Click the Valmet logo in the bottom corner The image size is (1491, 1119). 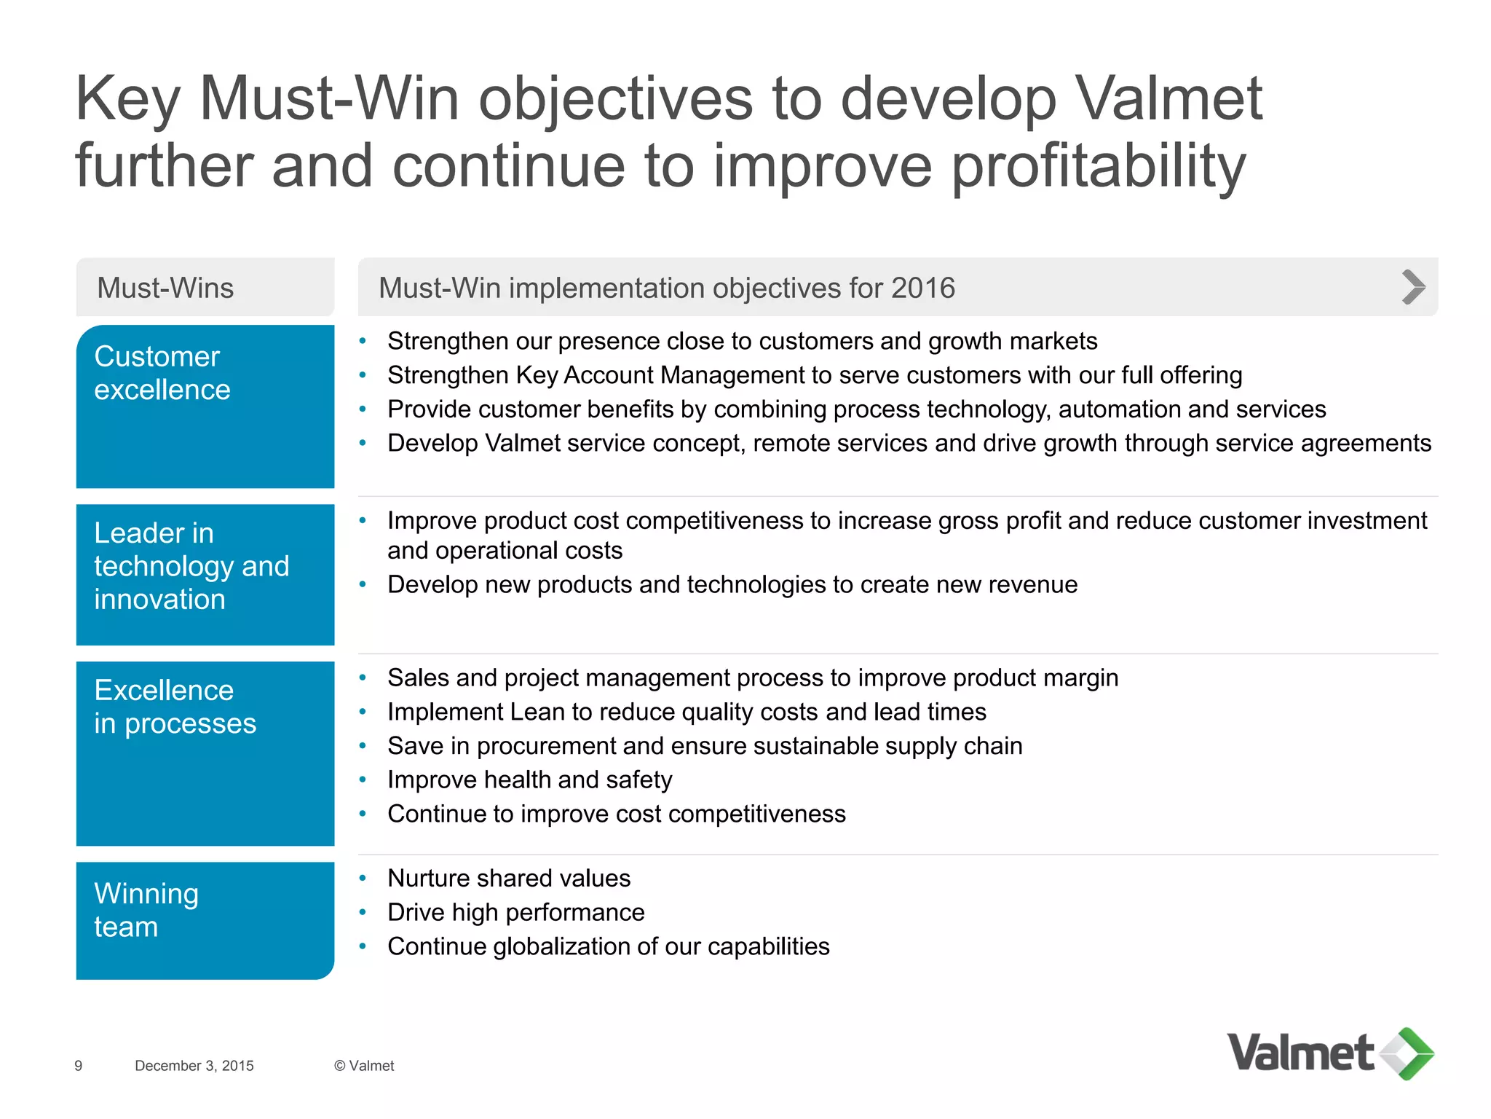click(x=1329, y=1053)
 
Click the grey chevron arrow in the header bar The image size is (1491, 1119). click(x=1412, y=287)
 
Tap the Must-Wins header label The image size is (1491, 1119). click(x=165, y=288)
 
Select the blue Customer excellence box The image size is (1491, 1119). click(x=205, y=407)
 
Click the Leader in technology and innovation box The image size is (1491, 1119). click(x=205, y=574)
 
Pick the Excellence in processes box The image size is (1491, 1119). click(x=205, y=753)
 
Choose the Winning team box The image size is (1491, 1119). click(x=205, y=920)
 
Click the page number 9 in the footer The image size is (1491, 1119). click(x=79, y=1066)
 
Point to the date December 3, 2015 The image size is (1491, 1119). click(x=194, y=1066)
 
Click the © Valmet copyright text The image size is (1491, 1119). click(x=364, y=1066)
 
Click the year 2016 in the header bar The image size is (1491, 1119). click(x=922, y=288)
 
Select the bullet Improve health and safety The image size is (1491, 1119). click(x=529, y=780)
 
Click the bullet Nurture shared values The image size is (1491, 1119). click(x=509, y=878)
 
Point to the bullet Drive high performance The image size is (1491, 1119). click(x=515, y=912)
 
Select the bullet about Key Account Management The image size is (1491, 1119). click(x=814, y=375)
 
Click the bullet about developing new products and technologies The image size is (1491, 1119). click(x=732, y=584)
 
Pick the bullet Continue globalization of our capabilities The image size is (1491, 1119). click(x=608, y=946)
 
